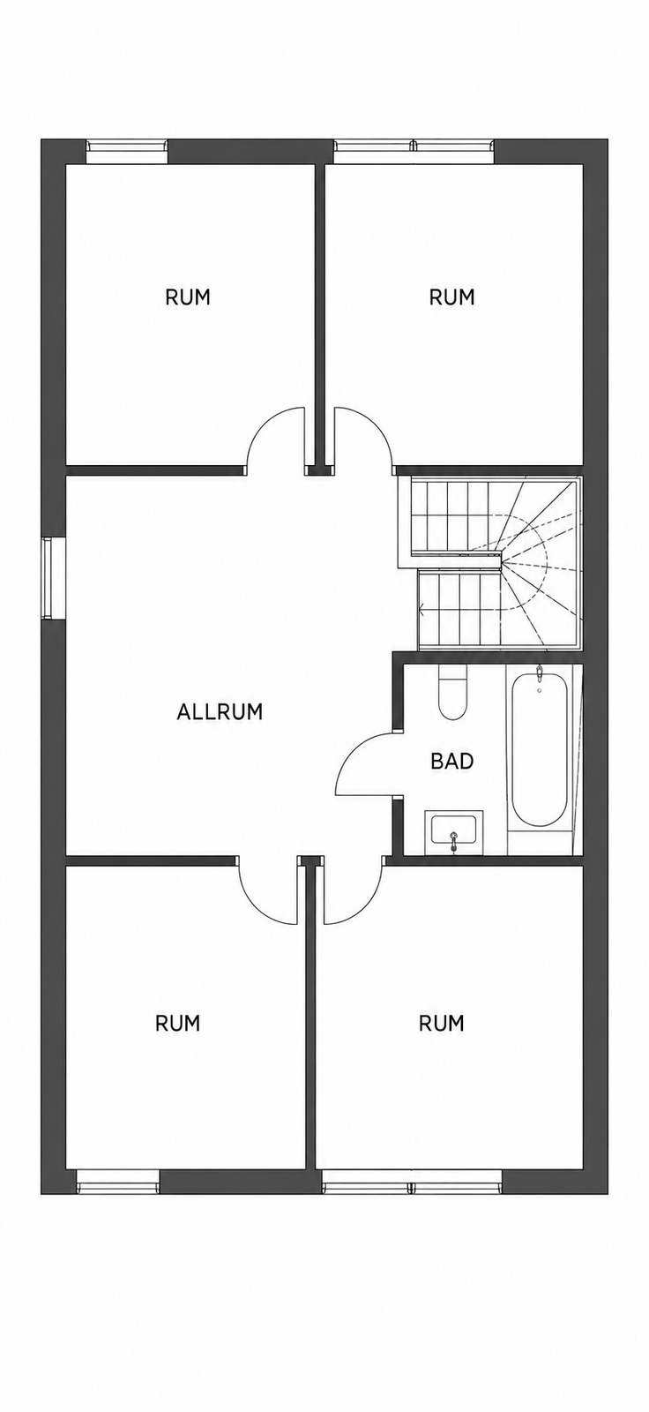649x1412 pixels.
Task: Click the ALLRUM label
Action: click(x=220, y=711)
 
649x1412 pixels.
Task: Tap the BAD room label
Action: click(x=451, y=761)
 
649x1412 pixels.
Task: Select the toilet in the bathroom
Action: click(x=451, y=692)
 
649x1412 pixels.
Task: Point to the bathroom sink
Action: click(x=453, y=832)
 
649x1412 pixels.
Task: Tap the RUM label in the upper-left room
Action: click(x=187, y=297)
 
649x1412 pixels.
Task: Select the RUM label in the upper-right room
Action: click(x=451, y=297)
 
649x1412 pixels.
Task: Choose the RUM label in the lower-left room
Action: click(x=177, y=1023)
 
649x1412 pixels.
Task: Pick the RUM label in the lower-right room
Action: click(x=441, y=1023)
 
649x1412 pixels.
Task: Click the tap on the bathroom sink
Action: click(x=453, y=842)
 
